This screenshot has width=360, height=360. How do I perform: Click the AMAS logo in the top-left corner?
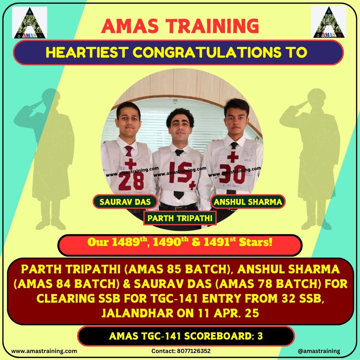click(30, 23)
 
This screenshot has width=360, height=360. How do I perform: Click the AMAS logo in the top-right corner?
click(329, 22)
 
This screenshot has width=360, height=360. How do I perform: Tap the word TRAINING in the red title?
click(212, 26)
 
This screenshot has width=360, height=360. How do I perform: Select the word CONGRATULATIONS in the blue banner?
click(207, 52)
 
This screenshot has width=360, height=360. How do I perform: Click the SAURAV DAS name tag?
click(125, 202)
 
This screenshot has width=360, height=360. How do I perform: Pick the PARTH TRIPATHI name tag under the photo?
click(180, 218)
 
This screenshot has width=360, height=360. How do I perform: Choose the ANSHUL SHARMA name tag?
click(248, 202)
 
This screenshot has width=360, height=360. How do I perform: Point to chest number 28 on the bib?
click(131, 181)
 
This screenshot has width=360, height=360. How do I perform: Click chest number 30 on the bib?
click(232, 174)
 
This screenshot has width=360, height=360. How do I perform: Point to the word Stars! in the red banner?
click(256, 242)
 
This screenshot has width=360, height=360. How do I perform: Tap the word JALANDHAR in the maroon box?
click(137, 313)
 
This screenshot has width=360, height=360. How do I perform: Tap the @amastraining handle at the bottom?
click(319, 351)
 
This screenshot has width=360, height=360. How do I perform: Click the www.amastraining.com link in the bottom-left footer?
click(44, 351)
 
